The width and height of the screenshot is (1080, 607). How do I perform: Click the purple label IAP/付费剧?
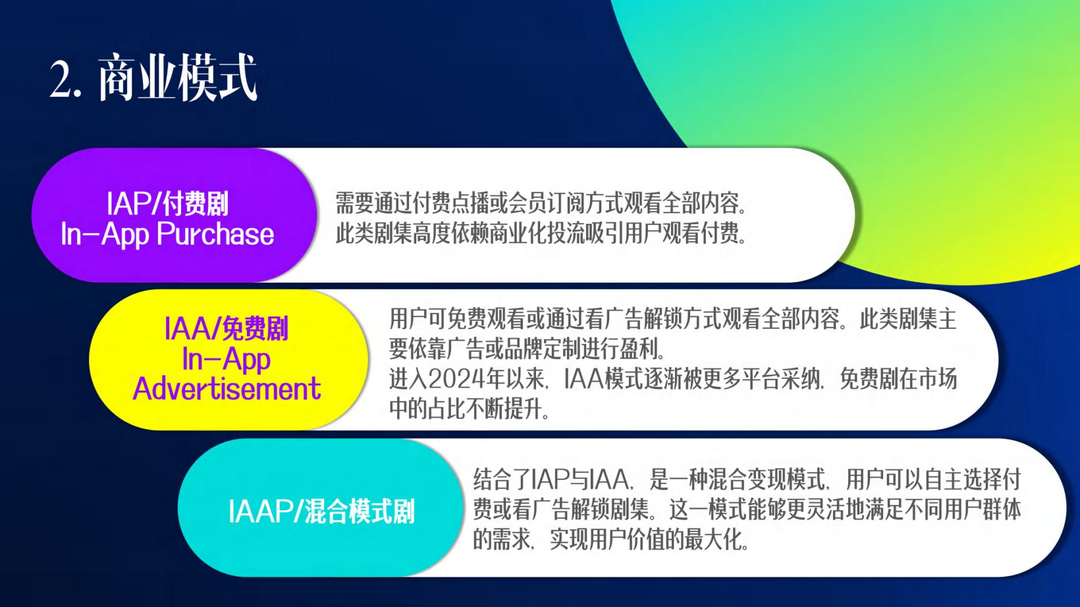click(x=168, y=203)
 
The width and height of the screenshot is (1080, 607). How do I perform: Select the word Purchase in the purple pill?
click(x=215, y=234)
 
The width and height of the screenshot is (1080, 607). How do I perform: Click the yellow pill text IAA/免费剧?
click(x=227, y=329)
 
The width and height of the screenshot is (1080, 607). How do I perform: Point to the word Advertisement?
click(x=227, y=389)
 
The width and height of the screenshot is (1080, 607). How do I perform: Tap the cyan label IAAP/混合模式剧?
click(x=322, y=511)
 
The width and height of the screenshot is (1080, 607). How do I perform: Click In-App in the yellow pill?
click(x=227, y=359)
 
